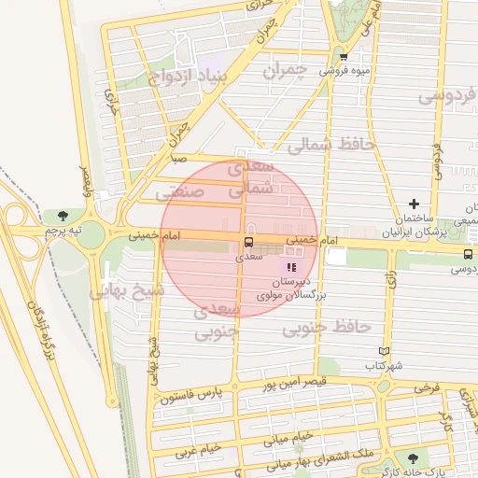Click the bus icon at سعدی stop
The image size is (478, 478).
pos(247,243)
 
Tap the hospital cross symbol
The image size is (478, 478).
pos(414,204)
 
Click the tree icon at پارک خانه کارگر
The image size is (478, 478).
pos(412,458)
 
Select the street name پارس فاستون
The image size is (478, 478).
pos(193,397)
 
